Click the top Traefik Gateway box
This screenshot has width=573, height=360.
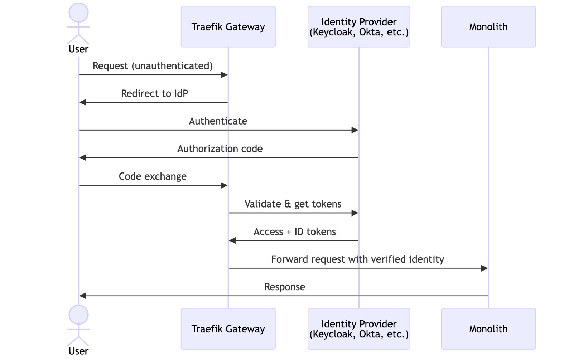pos(228,27)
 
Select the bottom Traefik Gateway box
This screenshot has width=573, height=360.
pos(228,329)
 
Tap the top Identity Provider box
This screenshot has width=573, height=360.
pos(359,27)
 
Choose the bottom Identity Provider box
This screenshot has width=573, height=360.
pos(359,329)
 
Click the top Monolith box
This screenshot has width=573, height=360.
pos(488,27)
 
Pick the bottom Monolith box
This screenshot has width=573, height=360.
pos(488,329)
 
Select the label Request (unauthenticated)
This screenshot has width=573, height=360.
pos(153,66)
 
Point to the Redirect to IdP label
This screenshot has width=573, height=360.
pos(154,93)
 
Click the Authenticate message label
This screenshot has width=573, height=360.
pos(218,121)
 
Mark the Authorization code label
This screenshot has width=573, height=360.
pos(220,149)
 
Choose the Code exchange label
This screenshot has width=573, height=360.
pos(153,176)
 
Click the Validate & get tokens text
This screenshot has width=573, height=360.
pos(293,204)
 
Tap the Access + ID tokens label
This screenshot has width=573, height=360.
pos(295,232)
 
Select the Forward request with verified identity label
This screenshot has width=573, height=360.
pos(357,259)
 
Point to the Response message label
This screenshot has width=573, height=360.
pos(285,287)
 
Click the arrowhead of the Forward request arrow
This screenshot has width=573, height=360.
pos(484,268)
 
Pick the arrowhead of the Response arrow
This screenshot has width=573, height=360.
pos(83,296)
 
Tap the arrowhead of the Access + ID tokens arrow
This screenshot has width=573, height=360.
pos(232,241)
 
